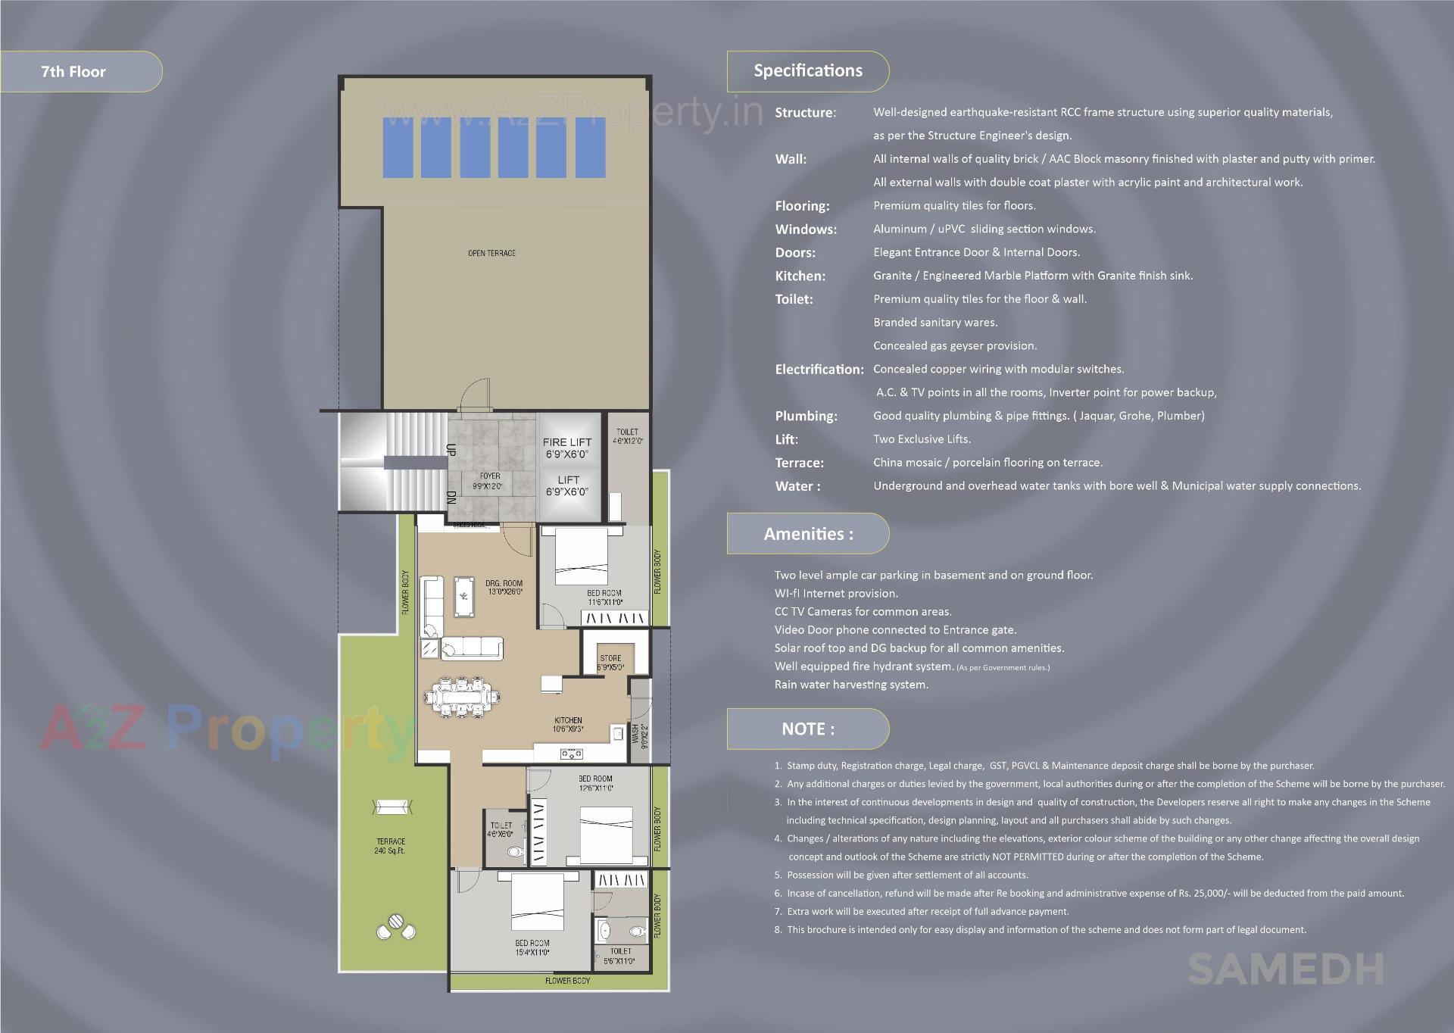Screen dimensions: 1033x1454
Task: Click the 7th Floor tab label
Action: pyautogui.click(x=73, y=72)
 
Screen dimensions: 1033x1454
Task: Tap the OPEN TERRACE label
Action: pyautogui.click(x=491, y=253)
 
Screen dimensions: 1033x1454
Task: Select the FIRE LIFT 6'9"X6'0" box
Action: pyautogui.click(x=567, y=448)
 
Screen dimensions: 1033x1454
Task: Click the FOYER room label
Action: pyautogui.click(x=489, y=481)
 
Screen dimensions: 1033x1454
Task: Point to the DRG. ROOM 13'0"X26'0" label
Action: pyautogui.click(x=504, y=588)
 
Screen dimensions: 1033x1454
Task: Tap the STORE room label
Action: pyautogui.click(x=610, y=663)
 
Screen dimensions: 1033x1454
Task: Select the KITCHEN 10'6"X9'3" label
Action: pyautogui.click(x=568, y=725)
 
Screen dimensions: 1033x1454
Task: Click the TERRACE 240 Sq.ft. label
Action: pyautogui.click(x=391, y=846)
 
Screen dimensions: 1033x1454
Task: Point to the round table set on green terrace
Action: pyautogui.click(x=396, y=927)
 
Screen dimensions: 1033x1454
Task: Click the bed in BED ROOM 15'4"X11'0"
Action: pyautogui.click(x=537, y=902)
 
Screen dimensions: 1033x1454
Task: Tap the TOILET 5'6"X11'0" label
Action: pyautogui.click(x=620, y=956)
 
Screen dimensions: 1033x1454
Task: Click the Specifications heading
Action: pyautogui.click(x=807, y=71)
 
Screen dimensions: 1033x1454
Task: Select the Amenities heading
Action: pyautogui.click(x=808, y=534)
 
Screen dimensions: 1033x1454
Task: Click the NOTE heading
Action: pyautogui.click(x=808, y=729)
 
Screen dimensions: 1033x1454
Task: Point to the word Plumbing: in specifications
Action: pyautogui.click(x=806, y=416)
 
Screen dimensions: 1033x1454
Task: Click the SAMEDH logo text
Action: pyautogui.click(x=1285, y=970)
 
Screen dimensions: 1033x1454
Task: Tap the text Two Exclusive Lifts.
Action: pyautogui.click(x=922, y=439)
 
